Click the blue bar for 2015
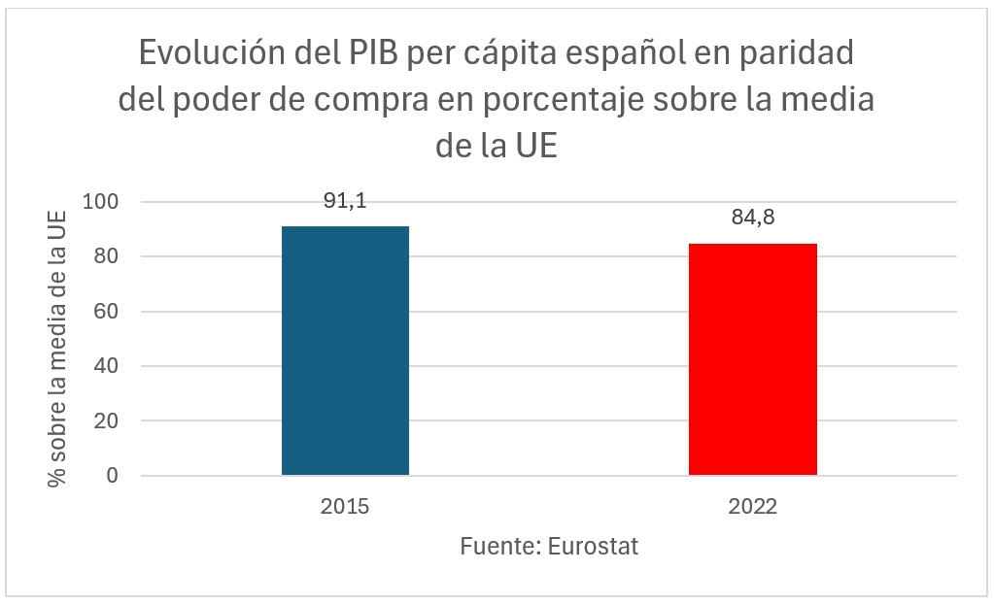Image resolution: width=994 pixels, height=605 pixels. coord(345,351)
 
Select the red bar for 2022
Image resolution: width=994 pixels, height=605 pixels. coord(753,359)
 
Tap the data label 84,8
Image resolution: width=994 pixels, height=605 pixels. coord(753,218)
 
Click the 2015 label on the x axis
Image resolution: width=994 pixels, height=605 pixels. coord(345,507)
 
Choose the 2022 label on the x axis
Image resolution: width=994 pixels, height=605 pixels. coord(753,507)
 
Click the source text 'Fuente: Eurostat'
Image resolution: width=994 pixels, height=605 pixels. coord(549,546)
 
